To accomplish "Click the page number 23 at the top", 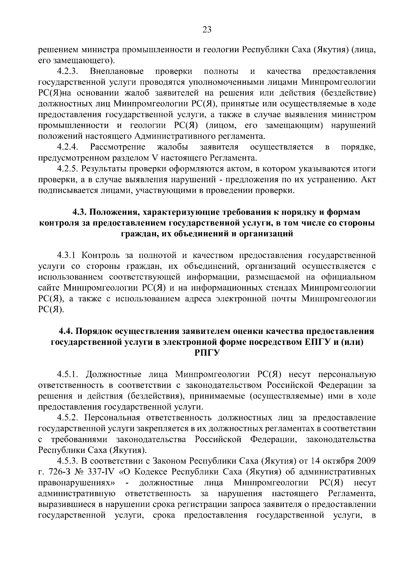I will tap(207, 30).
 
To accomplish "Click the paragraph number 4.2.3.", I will tap(67, 71).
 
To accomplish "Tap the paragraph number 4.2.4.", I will tap(67, 147).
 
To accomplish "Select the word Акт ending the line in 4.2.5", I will tap(369, 179).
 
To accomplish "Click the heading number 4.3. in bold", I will tap(80, 212).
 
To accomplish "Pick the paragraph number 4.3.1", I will tap(67, 255).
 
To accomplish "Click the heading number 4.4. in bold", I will tap(66, 332).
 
